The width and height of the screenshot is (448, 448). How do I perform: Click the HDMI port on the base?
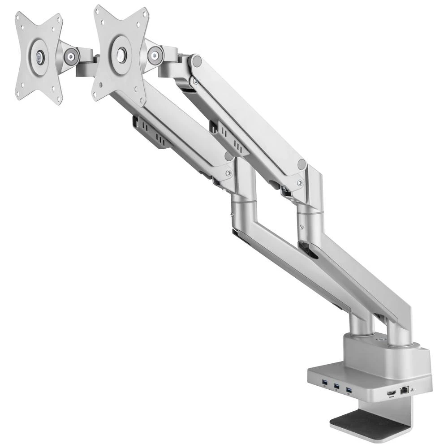(x=391, y=392)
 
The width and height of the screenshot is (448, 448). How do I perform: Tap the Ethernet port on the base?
(x=404, y=390)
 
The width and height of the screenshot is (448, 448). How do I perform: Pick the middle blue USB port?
(x=336, y=386)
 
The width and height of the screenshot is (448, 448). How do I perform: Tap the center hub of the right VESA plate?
(x=121, y=54)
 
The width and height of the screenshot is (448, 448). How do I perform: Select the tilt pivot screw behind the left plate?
(x=70, y=56)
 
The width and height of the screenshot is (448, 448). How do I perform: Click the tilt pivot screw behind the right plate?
(x=155, y=56)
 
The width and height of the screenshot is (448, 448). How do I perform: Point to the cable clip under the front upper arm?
(x=152, y=132)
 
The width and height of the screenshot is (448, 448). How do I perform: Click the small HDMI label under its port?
(x=391, y=397)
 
